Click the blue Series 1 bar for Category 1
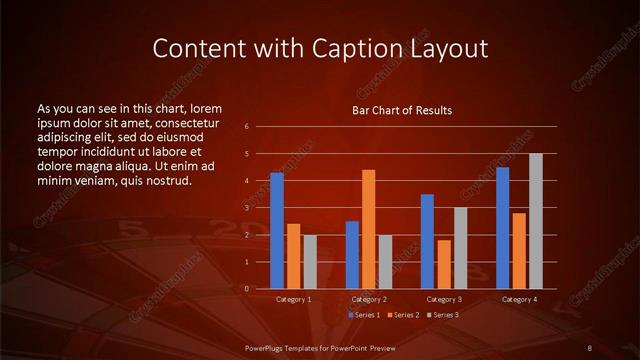pos(277,230)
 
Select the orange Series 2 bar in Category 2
pos(368,229)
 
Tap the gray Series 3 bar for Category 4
pos(535,221)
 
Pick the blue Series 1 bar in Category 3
pos(427,241)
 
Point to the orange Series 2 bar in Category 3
pos(443,264)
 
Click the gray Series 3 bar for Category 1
pos(310,261)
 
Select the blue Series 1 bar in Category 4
pos(502,228)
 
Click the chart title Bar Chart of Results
pos(402,110)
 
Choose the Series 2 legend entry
pos(402,315)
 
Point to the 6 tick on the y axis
pos(247,126)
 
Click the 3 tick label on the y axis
pos(247,207)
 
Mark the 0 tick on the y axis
pos(247,288)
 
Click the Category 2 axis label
pos(368,299)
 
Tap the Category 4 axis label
pos(518,299)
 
